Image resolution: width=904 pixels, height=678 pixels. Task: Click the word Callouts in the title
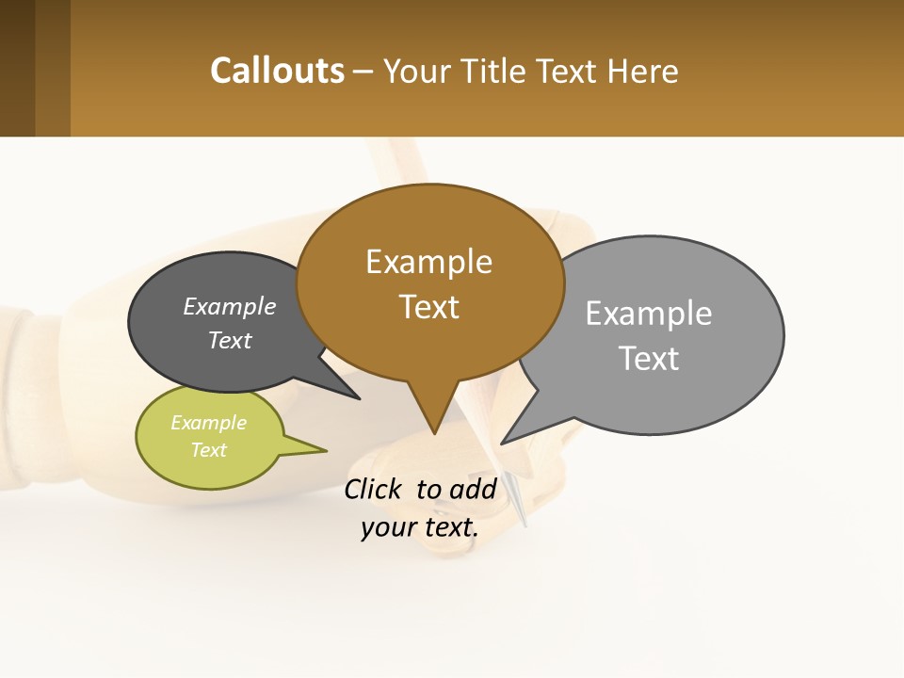pyautogui.click(x=277, y=71)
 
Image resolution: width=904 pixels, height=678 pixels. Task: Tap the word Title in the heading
pyautogui.click(x=495, y=72)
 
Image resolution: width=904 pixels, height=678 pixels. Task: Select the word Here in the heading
pyautogui.click(x=643, y=72)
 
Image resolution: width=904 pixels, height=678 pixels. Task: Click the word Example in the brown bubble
pyautogui.click(x=428, y=262)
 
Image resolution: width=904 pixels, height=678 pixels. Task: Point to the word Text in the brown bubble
pyautogui.click(x=428, y=307)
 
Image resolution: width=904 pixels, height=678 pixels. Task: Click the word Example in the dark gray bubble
pyautogui.click(x=229, y=306)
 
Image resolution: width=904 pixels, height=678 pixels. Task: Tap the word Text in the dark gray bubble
pyautogui.click(x=229, y=340)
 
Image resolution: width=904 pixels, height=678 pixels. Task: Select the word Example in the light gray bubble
pyautogui.click(x=648, y=314)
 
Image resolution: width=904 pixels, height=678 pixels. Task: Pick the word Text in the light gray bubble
pyautogui.click(x=649, y=359)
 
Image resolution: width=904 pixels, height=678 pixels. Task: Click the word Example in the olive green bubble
pyautogui.click(x=208, y=423)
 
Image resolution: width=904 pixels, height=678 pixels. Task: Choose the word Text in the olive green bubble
pyautogui.click(x=208, y=450)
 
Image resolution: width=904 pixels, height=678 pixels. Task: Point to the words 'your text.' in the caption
pyautogui.click(x=419, y=527)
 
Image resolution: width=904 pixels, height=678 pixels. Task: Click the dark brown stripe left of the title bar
pyautogui.click(x=17, y=68)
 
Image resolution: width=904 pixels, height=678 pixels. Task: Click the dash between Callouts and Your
pyautogui.click(x=363, y=73)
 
